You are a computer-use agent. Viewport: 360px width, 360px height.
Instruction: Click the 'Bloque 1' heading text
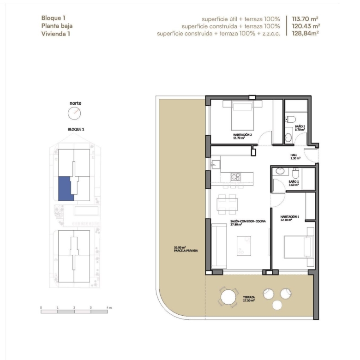(53, 18)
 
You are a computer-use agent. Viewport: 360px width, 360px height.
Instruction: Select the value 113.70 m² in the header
(305, 19)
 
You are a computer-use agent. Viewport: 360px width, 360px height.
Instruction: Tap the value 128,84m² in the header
(305, 34)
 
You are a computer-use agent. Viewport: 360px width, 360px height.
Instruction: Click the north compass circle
(74, 113)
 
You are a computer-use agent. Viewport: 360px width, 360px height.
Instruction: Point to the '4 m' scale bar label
(109, 307)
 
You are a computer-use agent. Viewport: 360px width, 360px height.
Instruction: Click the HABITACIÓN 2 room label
(242, 136)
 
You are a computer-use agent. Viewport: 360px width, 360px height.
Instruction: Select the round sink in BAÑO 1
(280, 171)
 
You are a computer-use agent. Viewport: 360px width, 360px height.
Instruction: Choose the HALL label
(295, 156)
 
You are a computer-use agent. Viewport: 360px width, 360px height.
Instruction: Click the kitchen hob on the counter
(235, 177)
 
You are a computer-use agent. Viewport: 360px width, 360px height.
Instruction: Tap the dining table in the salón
(227, 204)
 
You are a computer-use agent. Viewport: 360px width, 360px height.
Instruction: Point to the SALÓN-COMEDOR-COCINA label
(248, 223)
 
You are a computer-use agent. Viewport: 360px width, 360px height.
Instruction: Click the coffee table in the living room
(244, 246)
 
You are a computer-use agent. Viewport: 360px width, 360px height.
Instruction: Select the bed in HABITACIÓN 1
(299, 247)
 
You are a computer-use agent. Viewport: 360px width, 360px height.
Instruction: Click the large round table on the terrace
(228, 297)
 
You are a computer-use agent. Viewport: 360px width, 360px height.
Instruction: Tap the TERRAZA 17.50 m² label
(249, 299)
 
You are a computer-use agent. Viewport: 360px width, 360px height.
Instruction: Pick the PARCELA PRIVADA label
(186, 251)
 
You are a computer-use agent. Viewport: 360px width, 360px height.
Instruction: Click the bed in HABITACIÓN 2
(242, 117)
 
